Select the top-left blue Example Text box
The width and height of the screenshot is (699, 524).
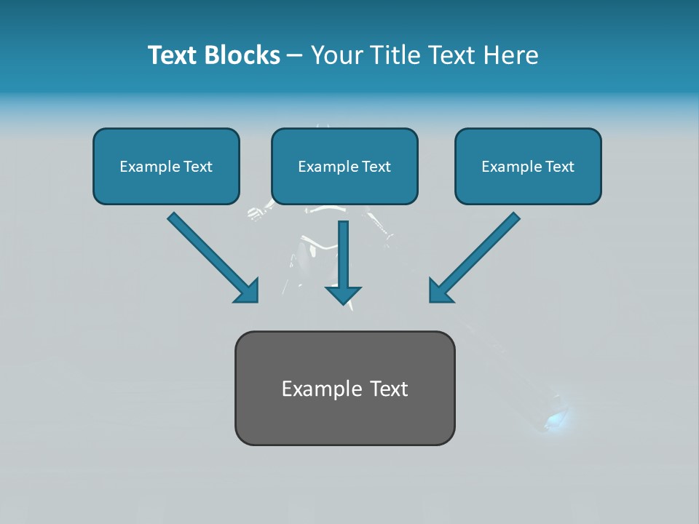[166, 166]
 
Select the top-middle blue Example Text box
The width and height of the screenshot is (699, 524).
[344, 166]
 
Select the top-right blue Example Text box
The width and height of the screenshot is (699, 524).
[528, 166]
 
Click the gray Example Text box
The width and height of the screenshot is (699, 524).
[344, 388]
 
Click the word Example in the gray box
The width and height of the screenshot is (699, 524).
[317, 389]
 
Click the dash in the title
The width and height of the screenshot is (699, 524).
[295, 56]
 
